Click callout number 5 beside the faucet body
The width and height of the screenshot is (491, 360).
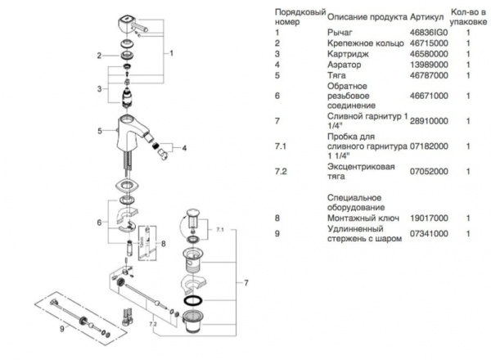click(x=99, y=130)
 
